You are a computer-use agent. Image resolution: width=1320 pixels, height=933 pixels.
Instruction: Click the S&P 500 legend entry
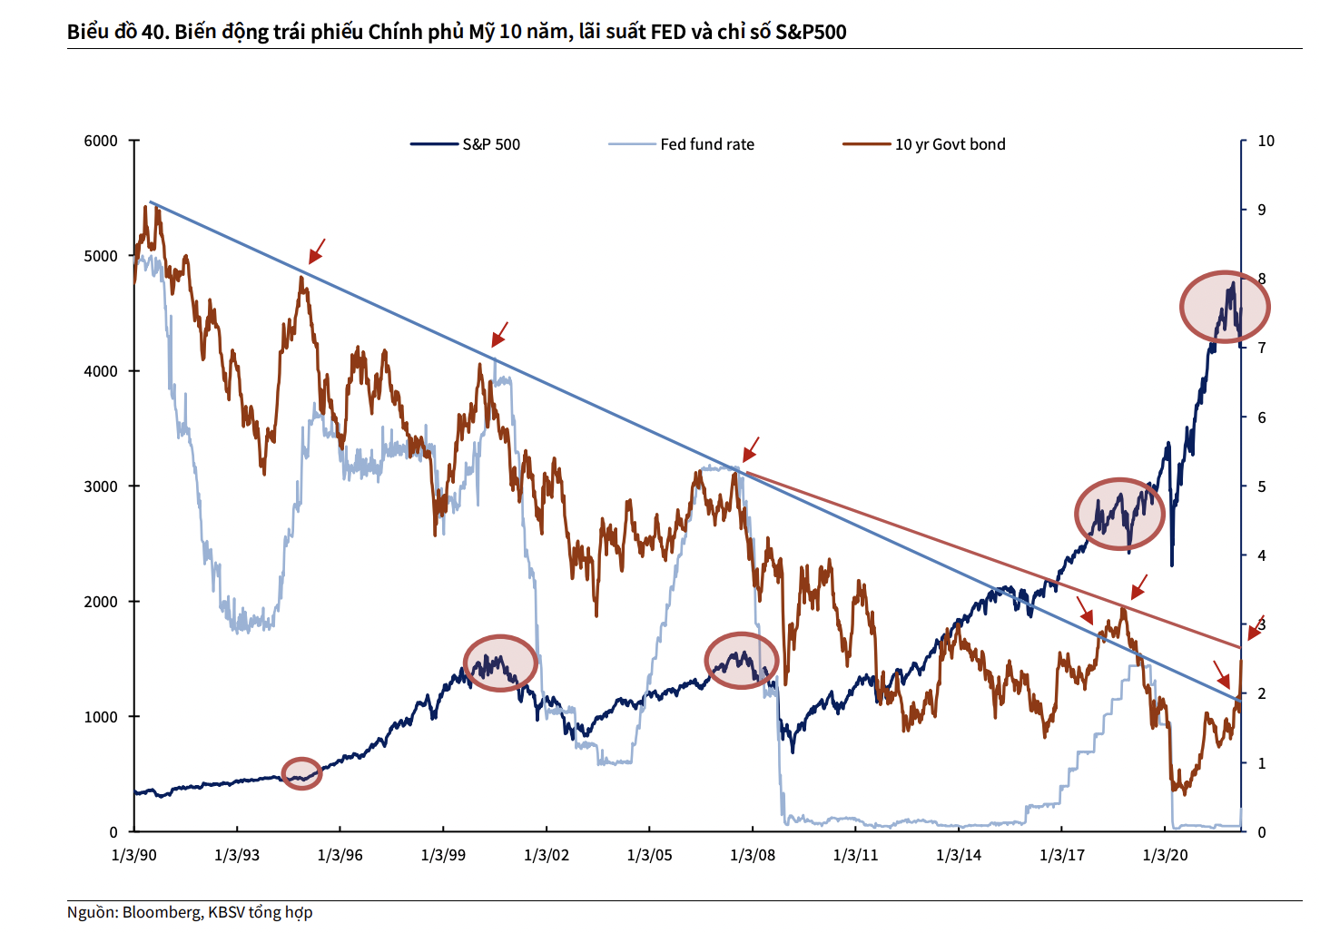point(490,144)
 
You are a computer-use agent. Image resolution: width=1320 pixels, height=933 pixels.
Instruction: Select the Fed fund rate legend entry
point(706,144)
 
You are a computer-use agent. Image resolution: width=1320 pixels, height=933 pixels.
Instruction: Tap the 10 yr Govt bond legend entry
point(950,144)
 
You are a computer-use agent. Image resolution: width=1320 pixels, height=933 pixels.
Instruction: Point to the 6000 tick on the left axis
point(101,141)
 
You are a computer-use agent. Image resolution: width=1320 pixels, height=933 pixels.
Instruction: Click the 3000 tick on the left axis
point(101,486)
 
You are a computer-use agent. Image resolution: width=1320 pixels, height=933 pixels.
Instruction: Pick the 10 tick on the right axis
point(1266,141)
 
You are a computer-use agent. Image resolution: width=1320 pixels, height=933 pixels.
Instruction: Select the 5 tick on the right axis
point(1262,486)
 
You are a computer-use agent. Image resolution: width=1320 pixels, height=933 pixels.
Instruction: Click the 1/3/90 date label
point(133,855)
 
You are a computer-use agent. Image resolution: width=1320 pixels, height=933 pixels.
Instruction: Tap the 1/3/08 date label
point(753,855)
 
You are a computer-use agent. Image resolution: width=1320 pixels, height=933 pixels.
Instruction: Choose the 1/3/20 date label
point(1165,855)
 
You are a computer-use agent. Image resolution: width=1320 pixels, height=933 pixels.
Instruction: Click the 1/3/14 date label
point(959,855)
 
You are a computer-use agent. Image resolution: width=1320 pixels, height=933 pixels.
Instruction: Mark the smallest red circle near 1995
point(301,773)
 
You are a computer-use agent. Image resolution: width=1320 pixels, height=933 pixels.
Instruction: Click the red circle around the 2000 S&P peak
point(500,663)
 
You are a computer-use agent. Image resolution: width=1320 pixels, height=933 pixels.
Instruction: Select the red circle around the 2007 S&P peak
point(742,661)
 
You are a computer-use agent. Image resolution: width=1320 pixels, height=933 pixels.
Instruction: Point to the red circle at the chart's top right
point(1225,307)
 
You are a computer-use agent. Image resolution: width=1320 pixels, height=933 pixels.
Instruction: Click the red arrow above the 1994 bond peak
point(316,251)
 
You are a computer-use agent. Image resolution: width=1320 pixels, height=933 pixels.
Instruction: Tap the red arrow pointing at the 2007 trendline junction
point(750,450)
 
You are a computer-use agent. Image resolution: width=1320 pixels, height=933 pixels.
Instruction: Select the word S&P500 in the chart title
point(810,32)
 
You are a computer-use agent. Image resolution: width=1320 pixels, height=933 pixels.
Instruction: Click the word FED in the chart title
point(668,32)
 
